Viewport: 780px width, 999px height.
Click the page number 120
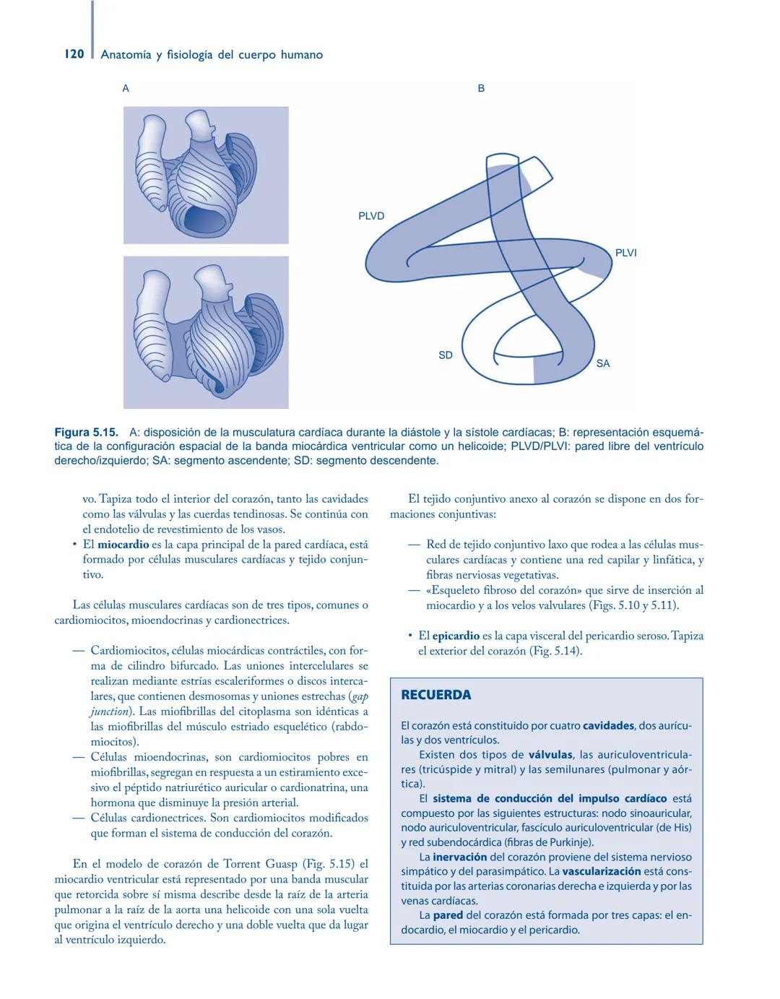point(74,54)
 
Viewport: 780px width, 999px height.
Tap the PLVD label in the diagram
point(371,216)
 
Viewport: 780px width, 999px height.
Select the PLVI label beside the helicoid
point(625,253)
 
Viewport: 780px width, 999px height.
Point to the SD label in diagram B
point(446,355)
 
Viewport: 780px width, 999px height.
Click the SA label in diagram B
point(603,363)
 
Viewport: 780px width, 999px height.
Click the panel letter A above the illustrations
point(126,88)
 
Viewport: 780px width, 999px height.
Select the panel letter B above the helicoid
point(481,88)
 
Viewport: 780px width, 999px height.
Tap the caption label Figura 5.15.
point(86,433)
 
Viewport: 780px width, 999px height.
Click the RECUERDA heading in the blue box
point(435,695)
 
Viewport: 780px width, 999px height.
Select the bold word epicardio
point(456,636)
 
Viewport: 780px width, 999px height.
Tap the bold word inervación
point(460,857)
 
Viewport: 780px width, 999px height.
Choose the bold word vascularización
point(602,872)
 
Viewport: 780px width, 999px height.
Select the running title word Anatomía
point(126,55)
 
